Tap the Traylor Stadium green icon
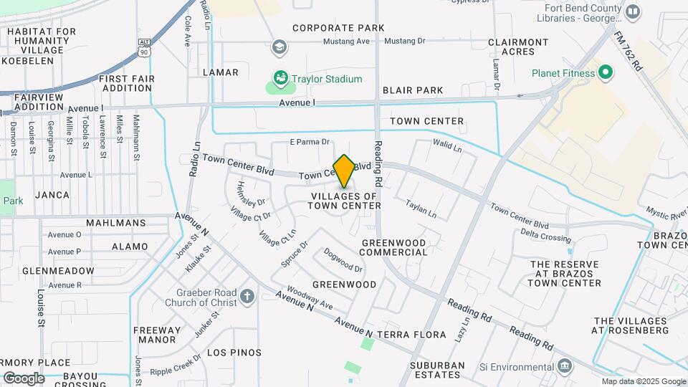(x=281, y=78)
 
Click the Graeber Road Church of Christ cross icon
(x=247, y=297)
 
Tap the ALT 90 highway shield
(x=145, y=48)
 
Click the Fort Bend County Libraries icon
(x=632, y=11)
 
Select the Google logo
(x=24, y=378)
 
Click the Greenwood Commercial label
(x=393, y=247)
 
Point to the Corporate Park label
(x=338, y=28)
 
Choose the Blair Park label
(x=413, y=90)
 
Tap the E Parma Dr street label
(x=309, y=142)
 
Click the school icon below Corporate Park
(x=279, y=48)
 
